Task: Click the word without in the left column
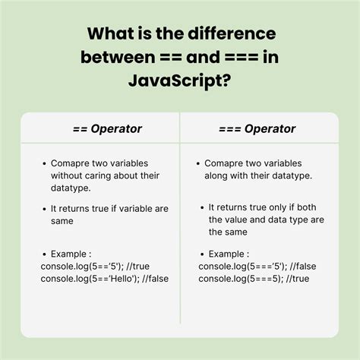tap(68, 175)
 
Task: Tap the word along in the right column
tap(220, 175)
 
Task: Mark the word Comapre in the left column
tap(71, 163)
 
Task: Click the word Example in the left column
tap(71, 253)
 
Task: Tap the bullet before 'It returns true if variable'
tap(44, 208)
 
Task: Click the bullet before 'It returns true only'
tap(202, 207)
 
